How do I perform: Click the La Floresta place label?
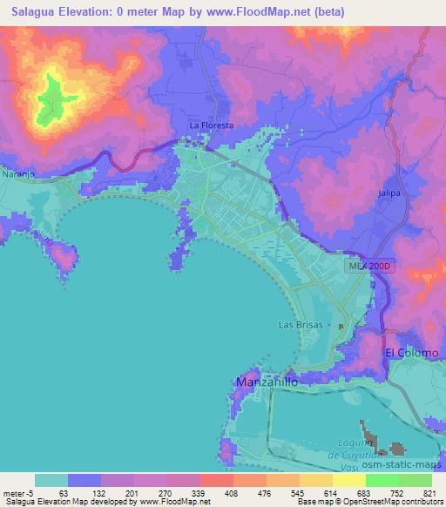tap(212, 125)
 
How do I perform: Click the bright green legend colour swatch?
tap(382, 480)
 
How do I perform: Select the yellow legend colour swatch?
tap(349, 480)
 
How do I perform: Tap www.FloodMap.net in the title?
tap(267, 12)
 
